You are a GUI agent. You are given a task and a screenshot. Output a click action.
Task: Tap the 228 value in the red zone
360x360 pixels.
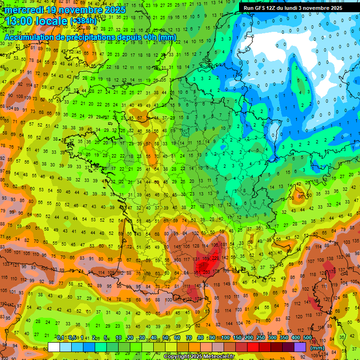(x=215, y=258)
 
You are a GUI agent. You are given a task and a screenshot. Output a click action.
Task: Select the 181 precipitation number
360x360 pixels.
(x=224, y=245)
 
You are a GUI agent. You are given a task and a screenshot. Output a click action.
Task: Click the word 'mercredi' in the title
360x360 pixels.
(x=23, y=9)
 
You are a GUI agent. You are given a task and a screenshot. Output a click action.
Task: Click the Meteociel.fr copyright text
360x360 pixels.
(x=199, y=356)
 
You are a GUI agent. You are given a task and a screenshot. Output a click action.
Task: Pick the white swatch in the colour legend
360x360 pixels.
(x=53, y=347)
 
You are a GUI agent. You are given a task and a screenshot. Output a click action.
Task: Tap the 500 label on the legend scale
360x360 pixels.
(x=307, y=338)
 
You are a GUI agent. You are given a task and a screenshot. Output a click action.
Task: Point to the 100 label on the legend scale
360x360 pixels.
(x=226, y=338)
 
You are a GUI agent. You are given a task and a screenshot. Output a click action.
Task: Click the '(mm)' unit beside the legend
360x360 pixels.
(x=317, y=348)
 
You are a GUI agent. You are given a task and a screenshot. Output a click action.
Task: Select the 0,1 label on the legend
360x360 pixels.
(x=60, y=338)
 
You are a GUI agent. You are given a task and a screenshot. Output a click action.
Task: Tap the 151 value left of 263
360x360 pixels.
(x=197, y=272)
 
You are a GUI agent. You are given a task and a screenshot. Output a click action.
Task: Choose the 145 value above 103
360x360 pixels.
(x=177, y=247)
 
